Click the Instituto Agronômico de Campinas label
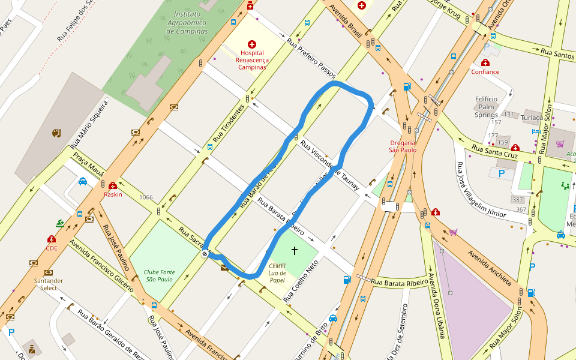click(x=187, y=22)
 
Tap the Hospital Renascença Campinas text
click(x=251, y=60)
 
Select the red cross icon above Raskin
click(x=113, y=186)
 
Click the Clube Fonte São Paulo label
click(x=159, y=275)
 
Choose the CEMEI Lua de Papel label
click(x=277, y=272)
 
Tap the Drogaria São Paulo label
click(x=403, y=146)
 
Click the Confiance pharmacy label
click(x=485, y=71)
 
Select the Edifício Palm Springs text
click(x=486, y=107)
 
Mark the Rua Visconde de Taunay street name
click(x=329, y=166)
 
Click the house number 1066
click(x=146, y=197)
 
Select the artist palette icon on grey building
click(x=56, y=133)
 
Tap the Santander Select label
click(x=49, y=284)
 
